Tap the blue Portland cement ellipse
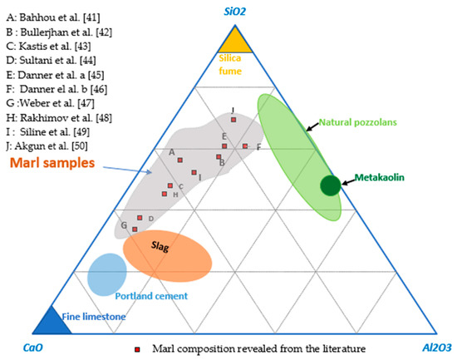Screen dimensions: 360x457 click(x=107, y=274)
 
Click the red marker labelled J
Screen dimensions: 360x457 click(x=234, y=121)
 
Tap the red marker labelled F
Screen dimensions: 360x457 click(x=245, y=146)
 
